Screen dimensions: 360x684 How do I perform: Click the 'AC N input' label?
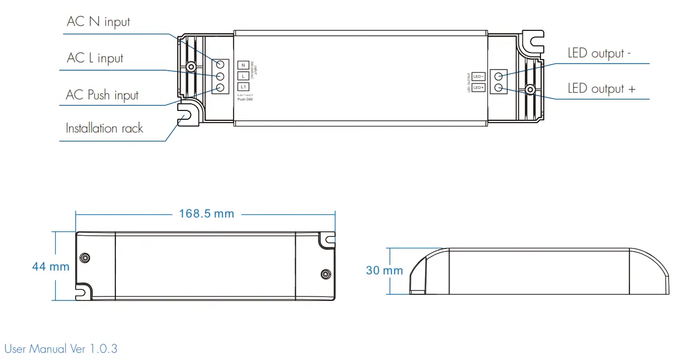coord(98,22)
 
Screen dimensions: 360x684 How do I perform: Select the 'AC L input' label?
coord(95,59)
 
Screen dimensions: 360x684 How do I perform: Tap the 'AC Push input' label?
coord(102,95)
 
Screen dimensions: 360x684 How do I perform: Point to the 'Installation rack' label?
coord(104,129)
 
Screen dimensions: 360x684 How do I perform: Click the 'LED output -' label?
coord(600,54)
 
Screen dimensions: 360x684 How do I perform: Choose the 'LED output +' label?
coord(601,89)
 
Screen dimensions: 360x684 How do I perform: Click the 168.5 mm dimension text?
coord(206,214)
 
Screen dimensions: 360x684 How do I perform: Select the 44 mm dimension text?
coord(51,267)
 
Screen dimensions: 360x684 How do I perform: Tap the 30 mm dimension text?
coord(384,271)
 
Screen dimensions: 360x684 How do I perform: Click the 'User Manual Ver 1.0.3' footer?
coord(61,349)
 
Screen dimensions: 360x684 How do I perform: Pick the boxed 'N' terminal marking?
coord(243,65)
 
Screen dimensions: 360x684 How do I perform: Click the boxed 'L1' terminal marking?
coord(243,87)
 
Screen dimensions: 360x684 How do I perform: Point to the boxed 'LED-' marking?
coord(479,76)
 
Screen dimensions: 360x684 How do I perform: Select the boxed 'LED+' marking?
coord(479,87)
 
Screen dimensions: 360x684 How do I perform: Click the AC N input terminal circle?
coord(220,65)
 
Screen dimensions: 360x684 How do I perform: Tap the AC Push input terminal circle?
coord(220,87)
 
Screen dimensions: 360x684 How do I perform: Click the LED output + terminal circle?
coord(499,87)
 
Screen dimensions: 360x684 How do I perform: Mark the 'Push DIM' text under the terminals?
coord(245,99)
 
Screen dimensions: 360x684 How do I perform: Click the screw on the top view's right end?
coord(529,89)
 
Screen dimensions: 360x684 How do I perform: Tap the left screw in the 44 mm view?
coord(84,257)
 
